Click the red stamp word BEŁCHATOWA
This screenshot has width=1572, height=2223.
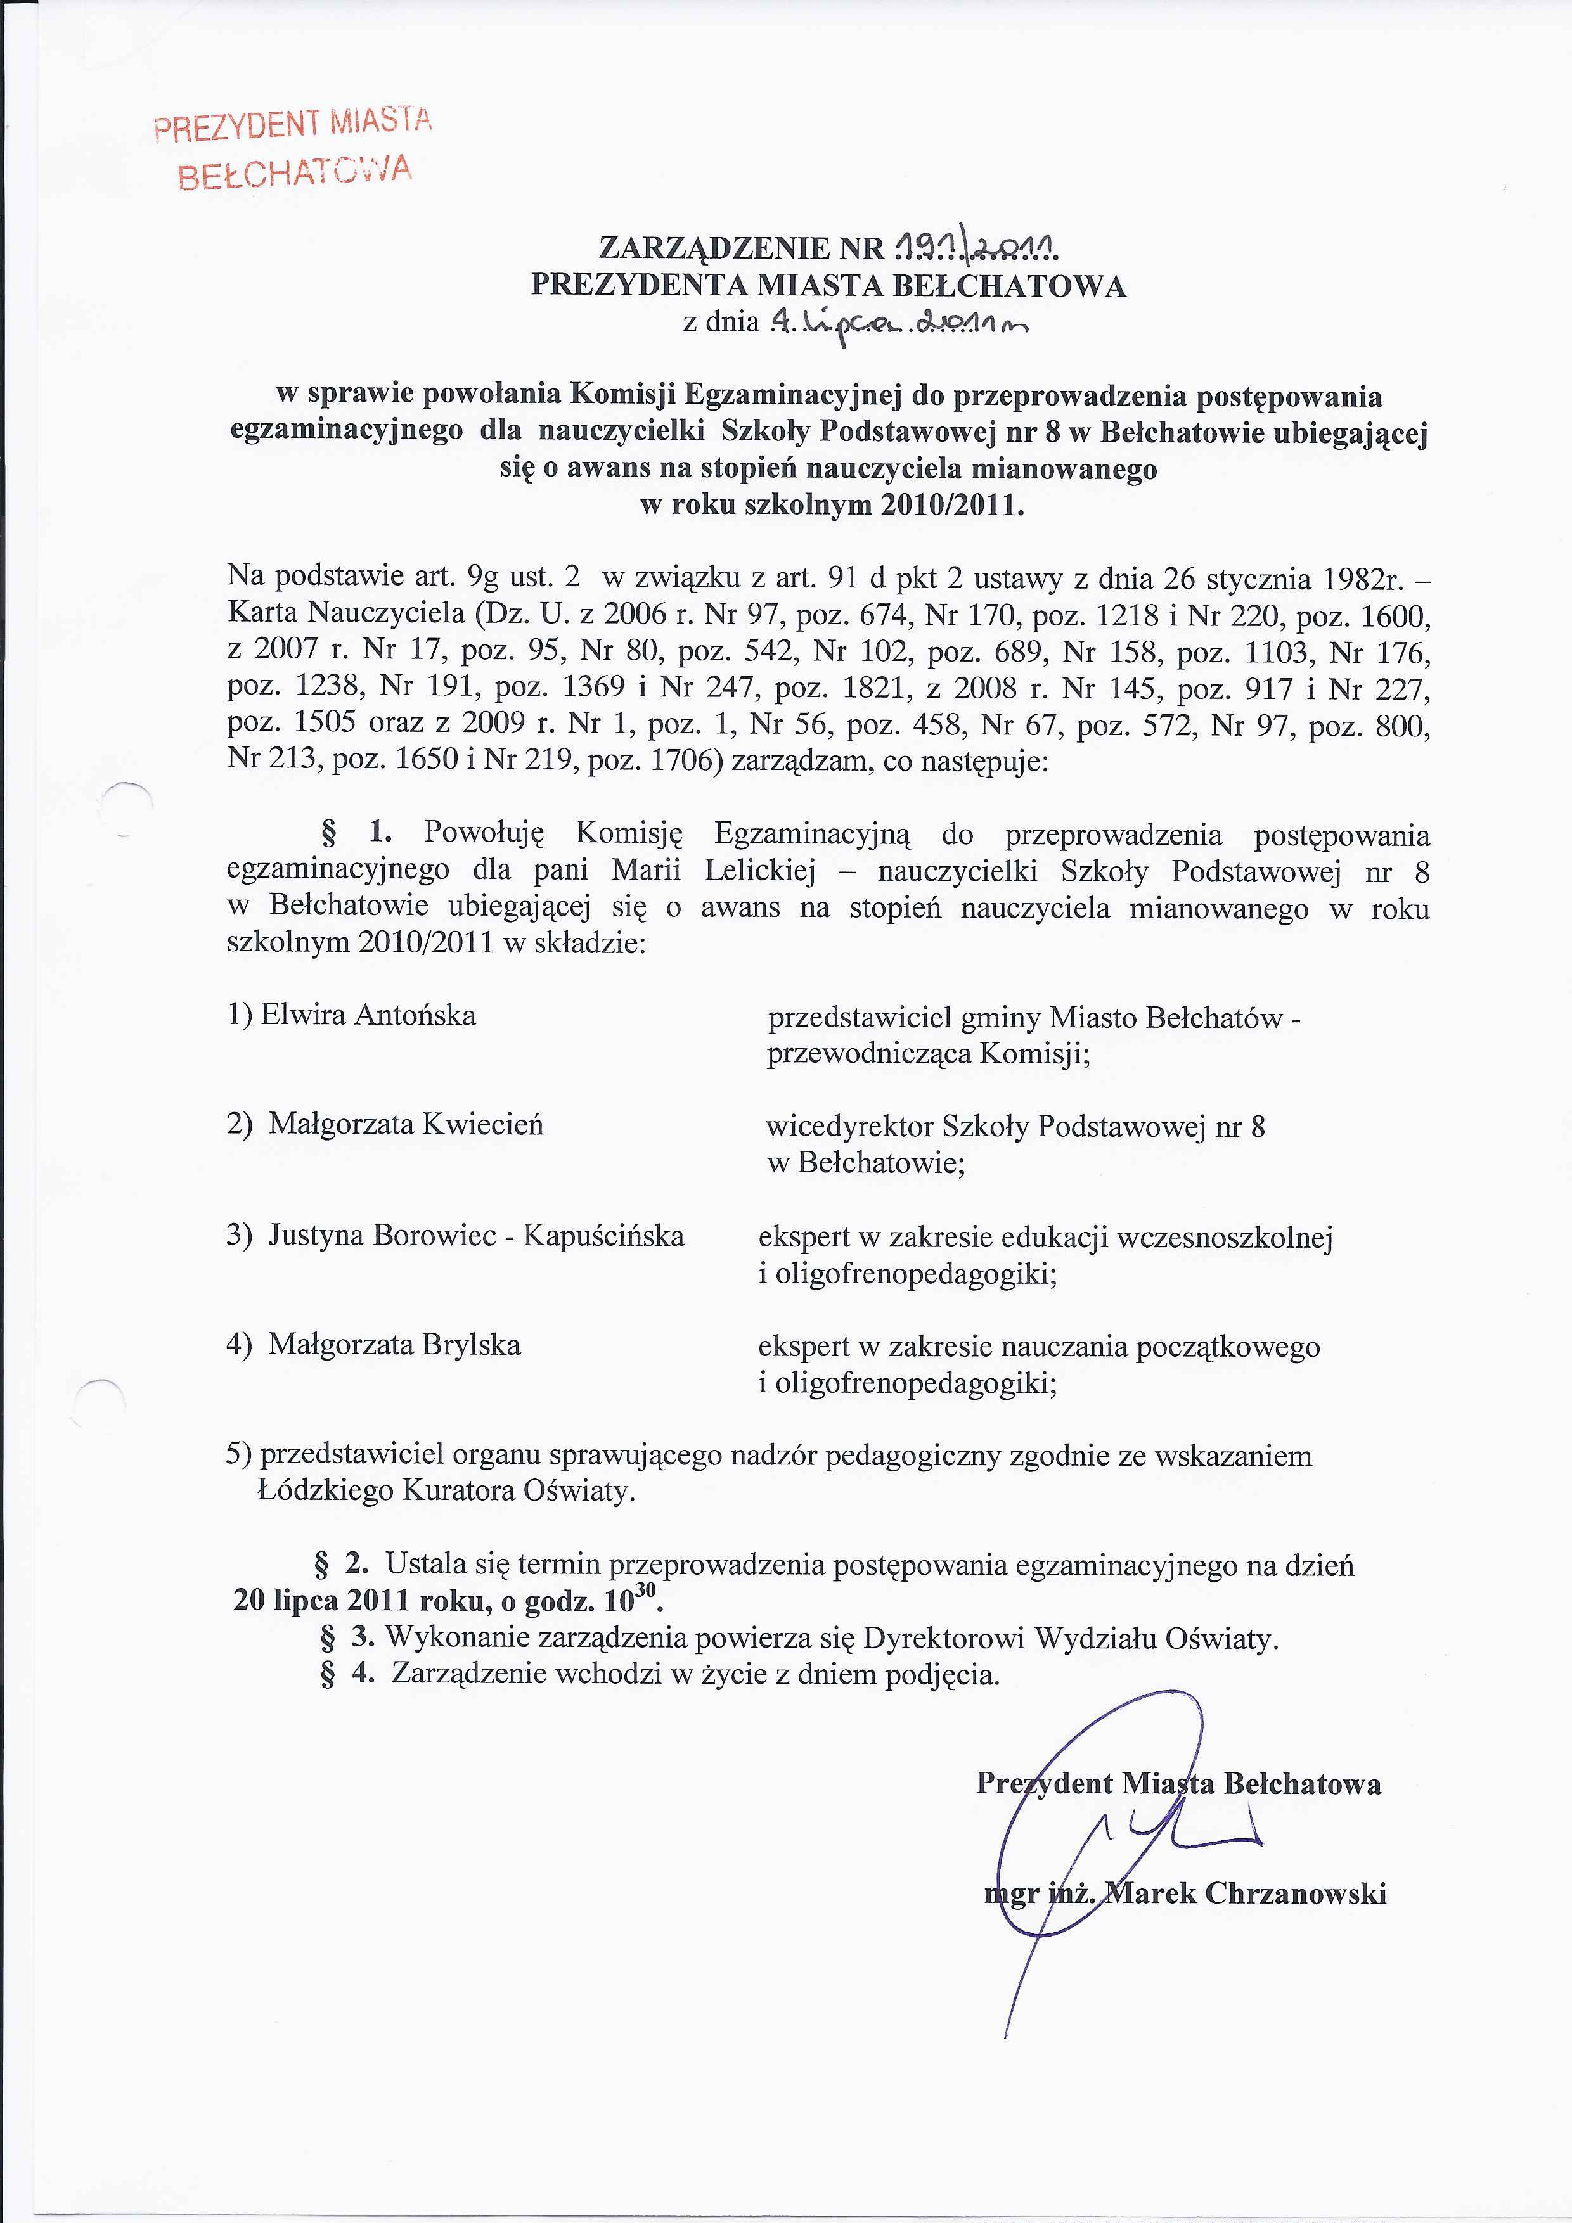click(295, 173)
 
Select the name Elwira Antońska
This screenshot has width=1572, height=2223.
click(352, 1016)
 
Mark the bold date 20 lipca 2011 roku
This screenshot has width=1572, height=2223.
click(363, 1601)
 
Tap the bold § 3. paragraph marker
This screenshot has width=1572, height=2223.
click(347, 1637)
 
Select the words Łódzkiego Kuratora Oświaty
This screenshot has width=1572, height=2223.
click(446, 1491)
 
